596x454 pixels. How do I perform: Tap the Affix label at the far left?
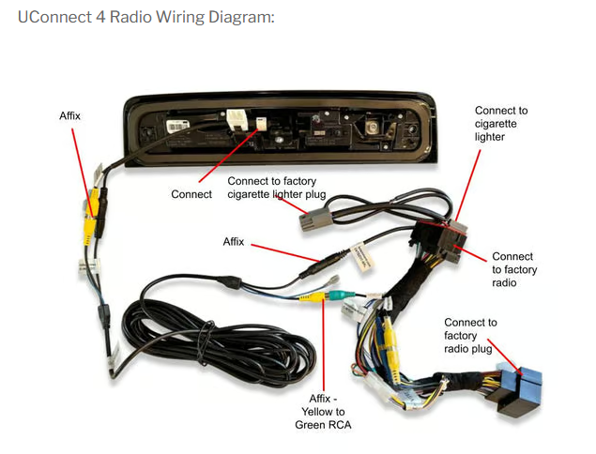click(x=70, y=115)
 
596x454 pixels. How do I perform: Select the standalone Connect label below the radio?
click(x=191, y=194)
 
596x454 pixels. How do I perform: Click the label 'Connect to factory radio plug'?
click(x=470, y=336)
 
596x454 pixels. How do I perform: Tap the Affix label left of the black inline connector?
click(x=234, y=241)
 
